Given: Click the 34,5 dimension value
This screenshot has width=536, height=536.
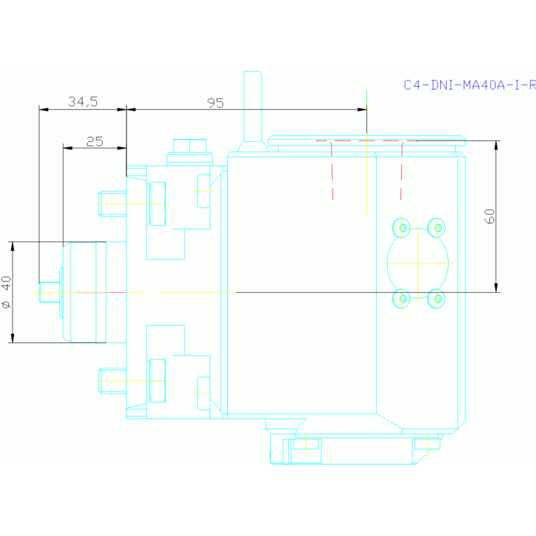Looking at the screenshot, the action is tap(82, 102).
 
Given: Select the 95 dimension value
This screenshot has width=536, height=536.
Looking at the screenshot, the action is tap(215, 103).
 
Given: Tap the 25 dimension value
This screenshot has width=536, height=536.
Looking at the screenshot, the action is tap(94, 142).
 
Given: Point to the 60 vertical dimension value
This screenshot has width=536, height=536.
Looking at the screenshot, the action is tap(490, 216).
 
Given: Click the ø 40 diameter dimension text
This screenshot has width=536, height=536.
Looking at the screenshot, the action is tap(6, 292).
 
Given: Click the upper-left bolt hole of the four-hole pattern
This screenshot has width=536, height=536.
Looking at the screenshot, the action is tap(402, 227).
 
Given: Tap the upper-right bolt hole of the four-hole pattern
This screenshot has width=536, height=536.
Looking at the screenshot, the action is tap(437, 227).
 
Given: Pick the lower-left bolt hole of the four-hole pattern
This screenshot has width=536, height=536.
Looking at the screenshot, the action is tap(402, 298).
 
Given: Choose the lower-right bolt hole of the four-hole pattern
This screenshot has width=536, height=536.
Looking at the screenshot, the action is tap(437, 298).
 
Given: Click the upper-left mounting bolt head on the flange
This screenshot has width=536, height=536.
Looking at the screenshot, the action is tap(111, 203).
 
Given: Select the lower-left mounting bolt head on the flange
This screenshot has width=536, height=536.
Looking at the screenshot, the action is tap(111, 381).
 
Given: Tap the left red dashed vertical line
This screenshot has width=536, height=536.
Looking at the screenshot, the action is tap(332, 171).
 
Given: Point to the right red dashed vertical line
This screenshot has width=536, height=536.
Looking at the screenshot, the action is tap(401, 171).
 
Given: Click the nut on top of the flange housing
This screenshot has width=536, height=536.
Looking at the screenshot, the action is tap(189, 145).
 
